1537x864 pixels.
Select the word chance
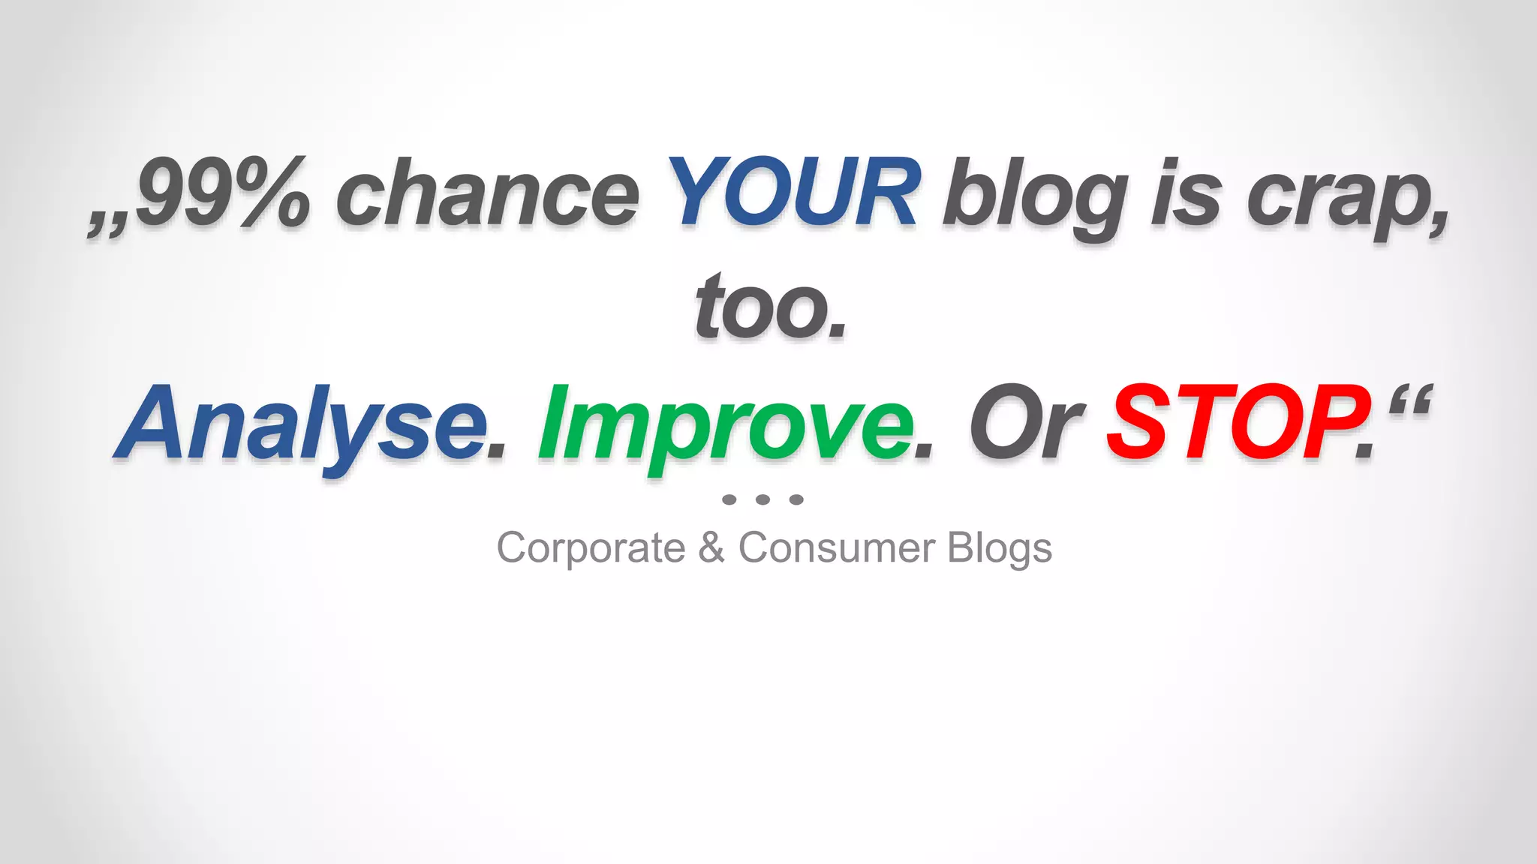[488, 195]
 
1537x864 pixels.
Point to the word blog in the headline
[1036, 196]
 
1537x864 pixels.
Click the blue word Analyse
[300, 424]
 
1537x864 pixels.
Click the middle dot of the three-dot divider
[763, 499]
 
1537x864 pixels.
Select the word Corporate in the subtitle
[591, 548]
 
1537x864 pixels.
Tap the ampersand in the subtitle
[711, 547]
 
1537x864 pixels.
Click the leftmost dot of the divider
[729, 499]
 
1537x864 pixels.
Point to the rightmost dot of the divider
[797, 499]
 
